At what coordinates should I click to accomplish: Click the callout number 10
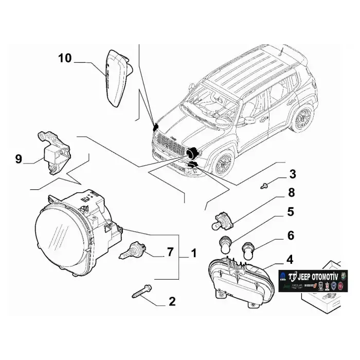point(65,58)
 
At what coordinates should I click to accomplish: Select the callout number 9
point(19,159)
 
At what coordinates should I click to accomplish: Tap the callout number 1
point(194,253)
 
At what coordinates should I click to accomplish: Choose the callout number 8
point(292,194)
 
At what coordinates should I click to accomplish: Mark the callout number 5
point(291,212)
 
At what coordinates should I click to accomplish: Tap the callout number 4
point(291,259)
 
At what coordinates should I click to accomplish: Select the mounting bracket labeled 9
point(55,152)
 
